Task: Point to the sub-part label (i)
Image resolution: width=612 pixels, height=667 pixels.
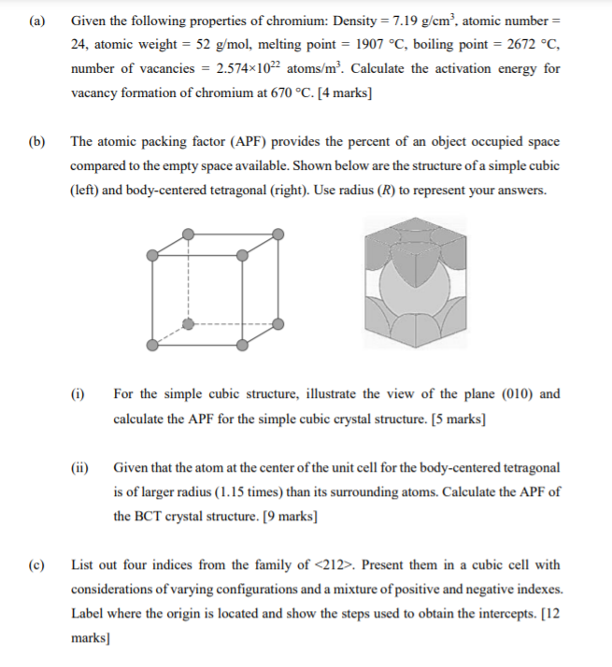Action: tap(78, 394)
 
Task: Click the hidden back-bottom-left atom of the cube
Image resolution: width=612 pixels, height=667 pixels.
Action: tap(188, 323)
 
